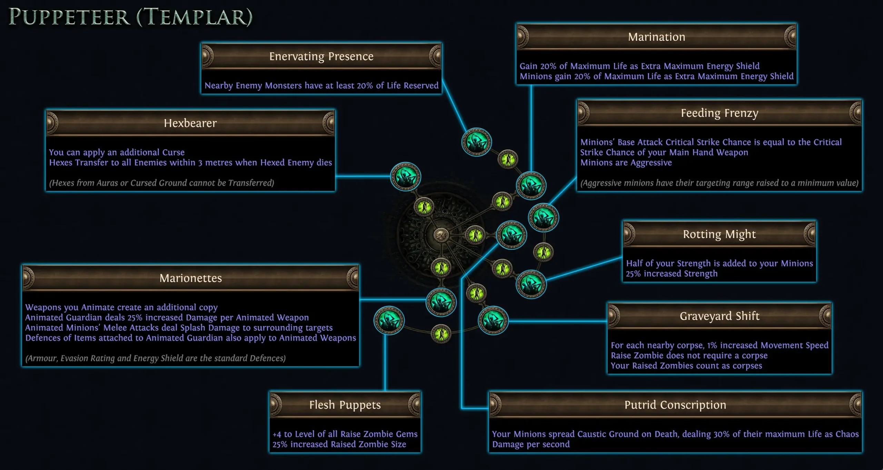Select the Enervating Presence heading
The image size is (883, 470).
tap(321, 56)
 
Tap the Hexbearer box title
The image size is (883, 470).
tap(190, 123)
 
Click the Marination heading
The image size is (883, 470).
tap(656, 37)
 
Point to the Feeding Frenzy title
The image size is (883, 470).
tap(719, 113)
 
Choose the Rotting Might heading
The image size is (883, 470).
tap(719, 234)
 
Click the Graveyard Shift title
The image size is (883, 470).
tap(719, 316)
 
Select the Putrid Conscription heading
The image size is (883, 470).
tap(675, 405)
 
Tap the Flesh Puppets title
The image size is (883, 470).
tap(345, 405)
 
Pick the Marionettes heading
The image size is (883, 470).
tap(190, 278)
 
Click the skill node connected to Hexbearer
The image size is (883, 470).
tap(405, 177)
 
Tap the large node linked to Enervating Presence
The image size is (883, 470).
tap(477, 142)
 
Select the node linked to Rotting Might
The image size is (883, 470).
tap(531, 284)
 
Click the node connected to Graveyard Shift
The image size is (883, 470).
tap(493, 321)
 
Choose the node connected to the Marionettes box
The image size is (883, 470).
tap(441, 302)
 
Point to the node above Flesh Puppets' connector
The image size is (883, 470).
tap(389, 321)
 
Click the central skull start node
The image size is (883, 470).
tap(441, 235)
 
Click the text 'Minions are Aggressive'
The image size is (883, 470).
tap(626, 163)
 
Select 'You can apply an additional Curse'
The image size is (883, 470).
tap(117, 152)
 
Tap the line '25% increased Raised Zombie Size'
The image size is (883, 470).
tap(339, 444)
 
